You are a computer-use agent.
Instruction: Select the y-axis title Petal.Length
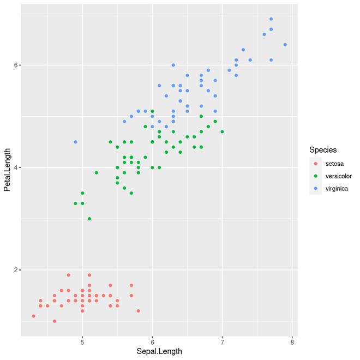7,170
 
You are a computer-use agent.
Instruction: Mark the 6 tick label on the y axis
16,65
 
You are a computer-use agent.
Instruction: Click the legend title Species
323,149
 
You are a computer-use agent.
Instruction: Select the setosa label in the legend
334,164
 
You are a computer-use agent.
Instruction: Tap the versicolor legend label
338,176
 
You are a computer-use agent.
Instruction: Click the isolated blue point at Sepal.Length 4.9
75,142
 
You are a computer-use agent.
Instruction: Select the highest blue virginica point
271,19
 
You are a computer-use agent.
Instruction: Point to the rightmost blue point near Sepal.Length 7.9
285,45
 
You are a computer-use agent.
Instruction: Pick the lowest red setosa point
55,321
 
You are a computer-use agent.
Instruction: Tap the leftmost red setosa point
33,316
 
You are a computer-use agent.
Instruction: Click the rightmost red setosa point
139,311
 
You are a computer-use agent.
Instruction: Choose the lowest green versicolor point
89,219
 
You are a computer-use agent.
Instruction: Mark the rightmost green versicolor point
222,131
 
